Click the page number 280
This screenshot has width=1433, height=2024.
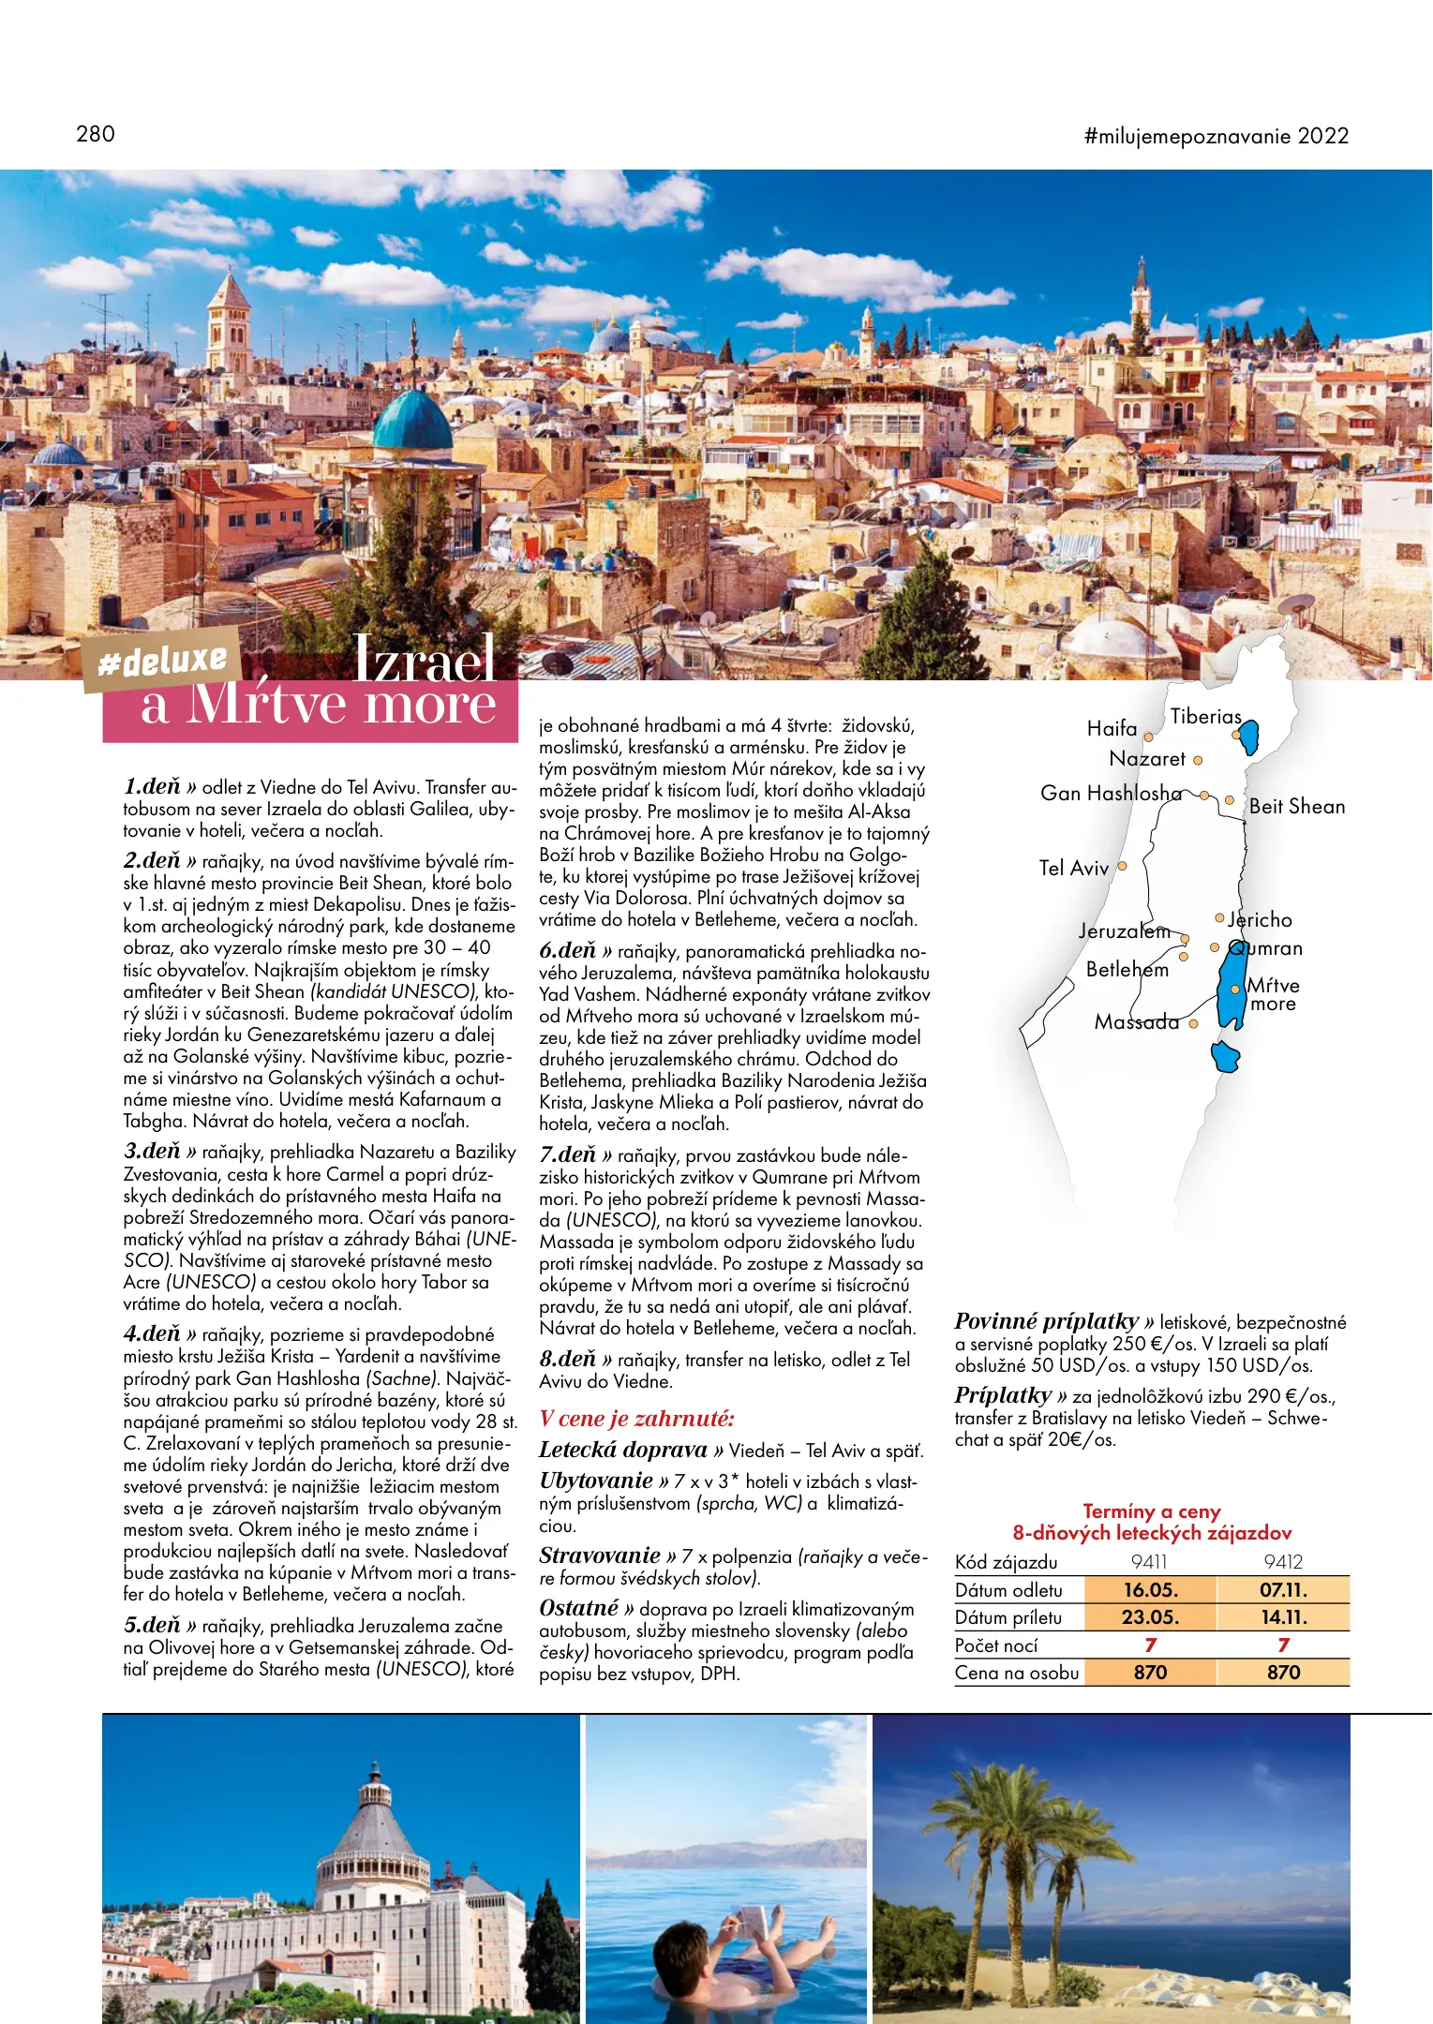tap(96, 134)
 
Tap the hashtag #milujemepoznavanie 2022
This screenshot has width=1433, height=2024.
tap(1216, 137)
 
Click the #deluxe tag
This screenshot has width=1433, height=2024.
tap(163, 662)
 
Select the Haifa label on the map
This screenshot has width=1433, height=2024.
tap(1112, 728)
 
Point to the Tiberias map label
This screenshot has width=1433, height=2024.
tap(1205, 717)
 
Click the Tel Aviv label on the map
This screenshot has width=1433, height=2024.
tap(1073, 868)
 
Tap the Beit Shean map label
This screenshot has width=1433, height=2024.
tap(1296, 807)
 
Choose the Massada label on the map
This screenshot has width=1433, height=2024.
tap(1136, 1022)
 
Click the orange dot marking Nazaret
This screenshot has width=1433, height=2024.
tap(1197, 761)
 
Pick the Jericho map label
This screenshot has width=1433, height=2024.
tap(1261, 920)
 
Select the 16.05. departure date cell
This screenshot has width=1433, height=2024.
tap(1150, 1590)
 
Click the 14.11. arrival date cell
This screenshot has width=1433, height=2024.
tap(1283, 1617)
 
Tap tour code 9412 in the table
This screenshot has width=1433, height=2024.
tap(1283, 1562)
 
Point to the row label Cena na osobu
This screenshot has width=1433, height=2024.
tap(1017, 1673)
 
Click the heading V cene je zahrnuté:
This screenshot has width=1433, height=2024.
tap(636, 1419)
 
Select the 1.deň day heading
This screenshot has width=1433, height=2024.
tap(152, 786)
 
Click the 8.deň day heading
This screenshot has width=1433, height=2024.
tap(568, 1359)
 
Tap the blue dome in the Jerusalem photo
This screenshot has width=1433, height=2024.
tap(412, 423)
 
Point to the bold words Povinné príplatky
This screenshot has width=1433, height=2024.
tap(1046, 1321)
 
